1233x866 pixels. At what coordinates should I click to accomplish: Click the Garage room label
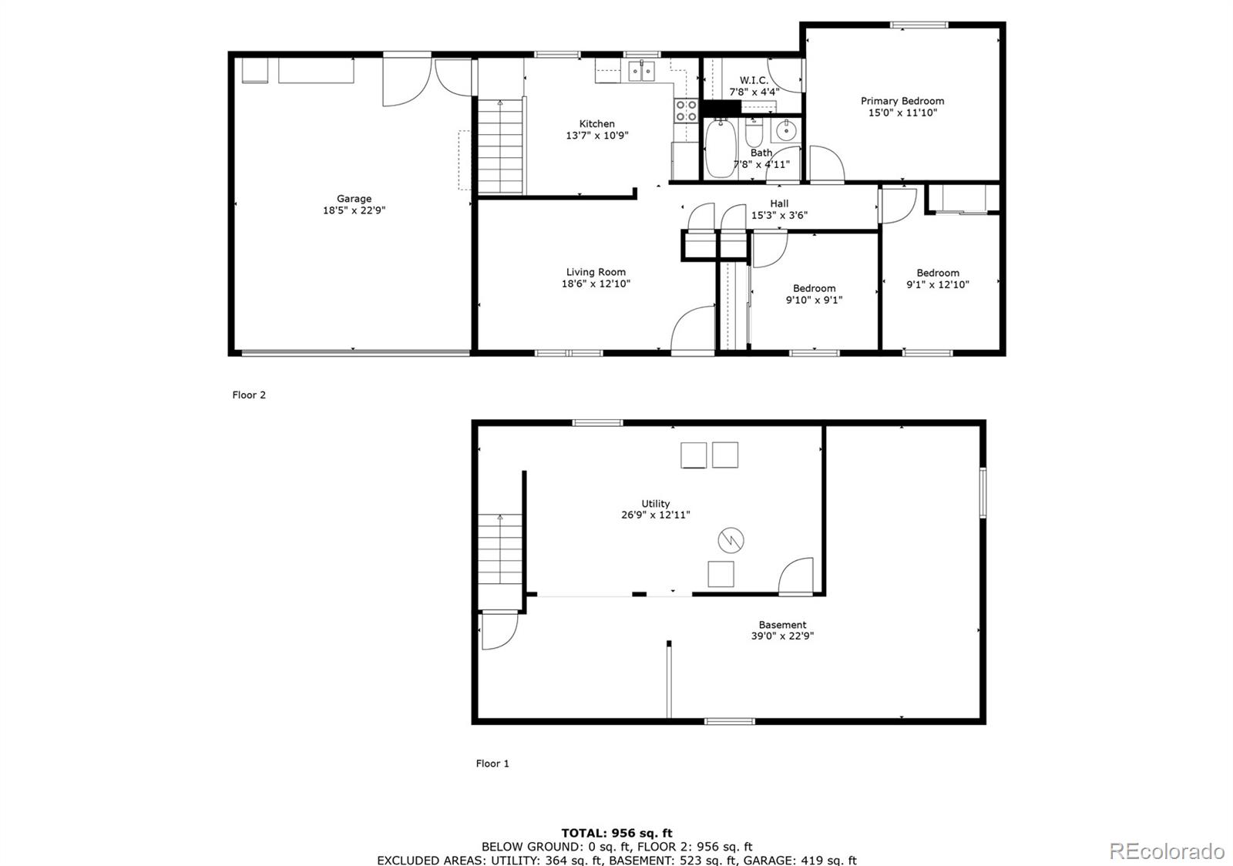tap(354, 199)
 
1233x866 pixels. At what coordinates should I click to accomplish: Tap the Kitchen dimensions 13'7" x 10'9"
tap(597, 136)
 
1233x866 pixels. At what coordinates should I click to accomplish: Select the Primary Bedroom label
tap(902, 101)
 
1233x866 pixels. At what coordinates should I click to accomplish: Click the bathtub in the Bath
tap(721, 149)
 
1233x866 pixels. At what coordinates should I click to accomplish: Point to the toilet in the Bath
tap(754, 134)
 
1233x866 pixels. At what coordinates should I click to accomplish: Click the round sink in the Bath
tap(786, 130)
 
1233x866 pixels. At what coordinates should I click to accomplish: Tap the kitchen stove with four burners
tap(686, 111)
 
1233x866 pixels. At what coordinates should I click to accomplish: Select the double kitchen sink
tap(640, 72)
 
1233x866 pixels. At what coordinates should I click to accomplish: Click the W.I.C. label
tap(754, 80)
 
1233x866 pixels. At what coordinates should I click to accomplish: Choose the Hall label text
tap(779, 203)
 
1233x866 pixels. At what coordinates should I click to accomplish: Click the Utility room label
tap(656, 504)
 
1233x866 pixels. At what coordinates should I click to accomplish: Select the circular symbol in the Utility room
tap(731, 540)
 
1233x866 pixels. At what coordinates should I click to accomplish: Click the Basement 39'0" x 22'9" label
tap(782, 630)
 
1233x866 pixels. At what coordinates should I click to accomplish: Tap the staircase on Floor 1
tap(500, 550)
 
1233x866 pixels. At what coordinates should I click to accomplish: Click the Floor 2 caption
tap(249, 395)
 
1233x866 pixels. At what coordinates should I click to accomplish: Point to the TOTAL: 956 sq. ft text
tap(616, 833)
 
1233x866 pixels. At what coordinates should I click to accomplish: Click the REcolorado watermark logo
tap(1166, 851)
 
